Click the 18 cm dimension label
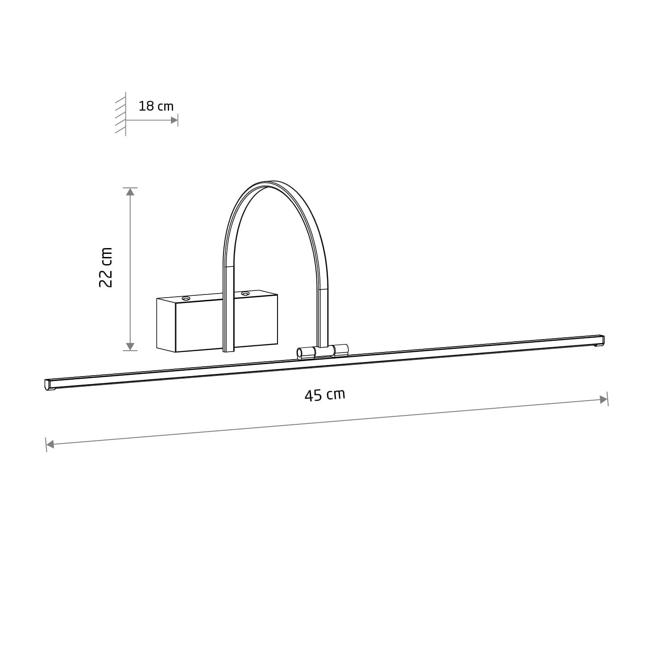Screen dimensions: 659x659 coord(156,106)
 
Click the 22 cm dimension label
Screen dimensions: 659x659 coord(106,267)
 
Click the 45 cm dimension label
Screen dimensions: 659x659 coord(325,395)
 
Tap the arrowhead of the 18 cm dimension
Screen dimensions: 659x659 coord(174,120)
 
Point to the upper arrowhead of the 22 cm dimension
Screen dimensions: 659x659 coord(130,192)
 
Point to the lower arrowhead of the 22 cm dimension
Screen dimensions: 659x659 coord(130,346)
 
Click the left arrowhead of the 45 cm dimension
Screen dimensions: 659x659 coord(50,444)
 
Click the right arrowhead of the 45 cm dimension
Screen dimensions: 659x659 coord(604,399)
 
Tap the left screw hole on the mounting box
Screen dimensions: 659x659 coord(186,298)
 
